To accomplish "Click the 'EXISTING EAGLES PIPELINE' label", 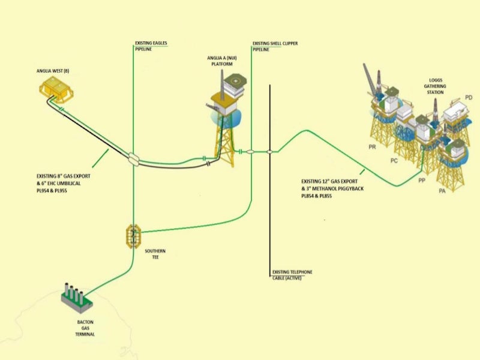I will pyautogui.click(x=151, y=46).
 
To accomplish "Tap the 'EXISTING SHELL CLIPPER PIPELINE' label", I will pyautogui.click(x=274, y=46).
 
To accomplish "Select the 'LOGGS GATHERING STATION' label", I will pyautogui.click(x=436, y=86).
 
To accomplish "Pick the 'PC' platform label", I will pyautogui.click(x=394, y=160).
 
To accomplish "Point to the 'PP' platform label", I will pyautogui.click(x=422, y=179).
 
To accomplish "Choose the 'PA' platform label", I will pyautogui.click(x=442, y=191).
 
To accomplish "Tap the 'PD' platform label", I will pyautogui.click(x=469, y=97).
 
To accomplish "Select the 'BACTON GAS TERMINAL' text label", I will pyautogui.click(x=85, y=328).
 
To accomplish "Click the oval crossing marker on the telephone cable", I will pyautogui.click(x=270, y=152).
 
